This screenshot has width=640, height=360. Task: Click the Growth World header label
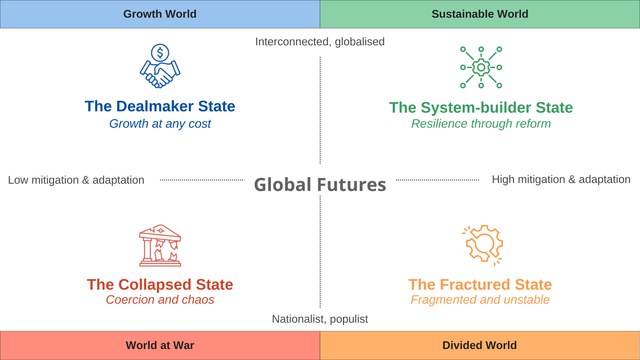coord(160,14)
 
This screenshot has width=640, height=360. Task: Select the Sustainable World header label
coord(480,14)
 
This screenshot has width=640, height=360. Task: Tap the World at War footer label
coord(160,345)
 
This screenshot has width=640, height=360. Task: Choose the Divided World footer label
coord(479,345)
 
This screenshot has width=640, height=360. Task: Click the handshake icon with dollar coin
coord(160,66)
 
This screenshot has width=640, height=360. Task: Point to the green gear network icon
coord(481,67)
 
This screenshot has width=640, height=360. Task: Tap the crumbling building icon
coord(160,246)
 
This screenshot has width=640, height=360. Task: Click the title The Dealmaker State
coord(160,106)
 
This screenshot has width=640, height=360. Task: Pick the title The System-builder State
coord(481,108)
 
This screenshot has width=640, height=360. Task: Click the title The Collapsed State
coord(160,285)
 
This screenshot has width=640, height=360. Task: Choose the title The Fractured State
coord(480,285)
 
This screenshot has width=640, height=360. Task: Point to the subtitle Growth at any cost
coord(160,124)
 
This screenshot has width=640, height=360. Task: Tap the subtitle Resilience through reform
coord(481,124)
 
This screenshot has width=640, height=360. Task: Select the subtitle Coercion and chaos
coord(160,300)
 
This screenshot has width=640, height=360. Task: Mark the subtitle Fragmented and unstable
coord(480,300)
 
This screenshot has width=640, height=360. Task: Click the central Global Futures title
coord(320,185)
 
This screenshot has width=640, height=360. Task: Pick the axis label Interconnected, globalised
coord(320,42)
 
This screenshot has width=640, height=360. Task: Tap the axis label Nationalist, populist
coord(320,319)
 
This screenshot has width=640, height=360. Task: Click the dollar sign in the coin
coord(160,53)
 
